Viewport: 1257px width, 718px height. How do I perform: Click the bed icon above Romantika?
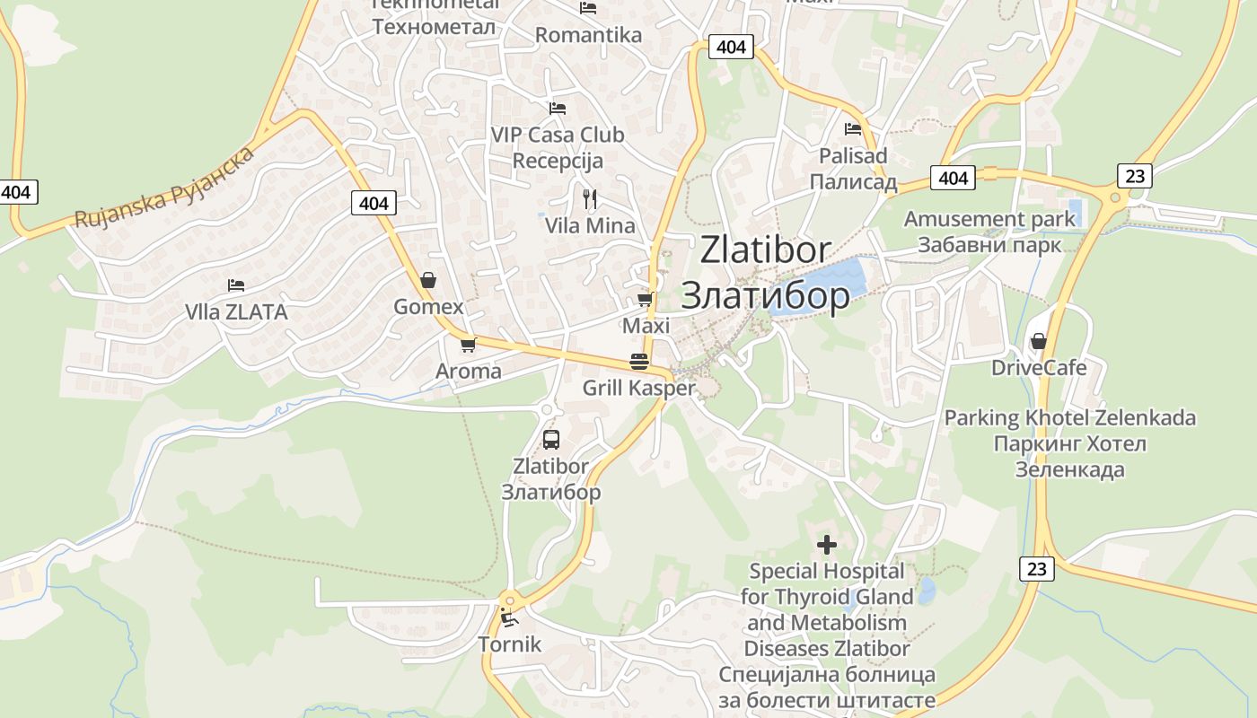pos(588,8)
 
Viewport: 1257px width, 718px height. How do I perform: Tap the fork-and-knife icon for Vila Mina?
pos(589,198)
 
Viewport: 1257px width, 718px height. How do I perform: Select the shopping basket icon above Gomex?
pos(428,280)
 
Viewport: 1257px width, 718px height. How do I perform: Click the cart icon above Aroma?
pos(468,345)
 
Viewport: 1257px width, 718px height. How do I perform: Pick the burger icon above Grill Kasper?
pos(639,362)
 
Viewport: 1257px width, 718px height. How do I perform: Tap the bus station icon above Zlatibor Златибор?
pos(551,440)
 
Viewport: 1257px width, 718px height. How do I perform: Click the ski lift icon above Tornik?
pos(509,617)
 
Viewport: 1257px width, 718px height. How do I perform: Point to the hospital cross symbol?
pos(827,544)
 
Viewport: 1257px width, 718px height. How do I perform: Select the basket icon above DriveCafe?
pos(1039,341)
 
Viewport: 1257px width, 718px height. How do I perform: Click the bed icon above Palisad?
pos(853,128)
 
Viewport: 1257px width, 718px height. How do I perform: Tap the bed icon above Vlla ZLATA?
pos(236,285)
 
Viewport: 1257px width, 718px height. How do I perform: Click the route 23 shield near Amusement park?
pos(1135,175)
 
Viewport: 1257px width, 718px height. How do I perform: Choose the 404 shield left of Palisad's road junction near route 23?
pos(953,178)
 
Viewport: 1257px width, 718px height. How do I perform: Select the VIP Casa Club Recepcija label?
pos(557,148)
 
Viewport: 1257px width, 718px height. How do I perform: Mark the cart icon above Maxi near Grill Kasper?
pos(645,299)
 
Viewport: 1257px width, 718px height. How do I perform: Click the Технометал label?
pos(434,26)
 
